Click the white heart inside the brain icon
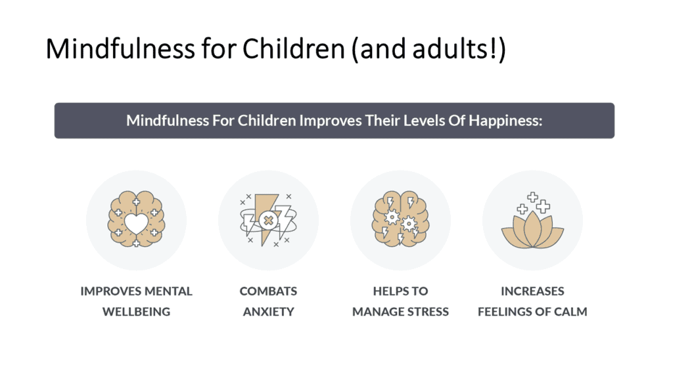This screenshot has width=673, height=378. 137,223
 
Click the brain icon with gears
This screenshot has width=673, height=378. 400,220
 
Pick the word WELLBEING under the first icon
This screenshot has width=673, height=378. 136,312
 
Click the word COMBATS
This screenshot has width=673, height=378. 268,291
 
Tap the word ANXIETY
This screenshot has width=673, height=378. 268,312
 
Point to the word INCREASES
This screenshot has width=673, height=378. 532,291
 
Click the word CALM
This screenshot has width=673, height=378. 569,312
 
